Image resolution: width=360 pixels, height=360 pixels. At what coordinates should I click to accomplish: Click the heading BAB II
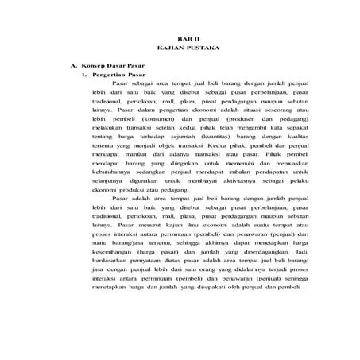[184, 37]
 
